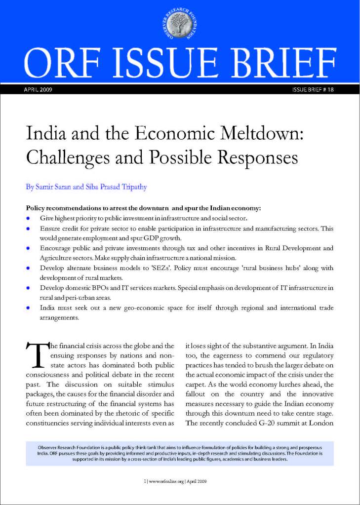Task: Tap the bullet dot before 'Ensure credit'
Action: click(x=29, y=229)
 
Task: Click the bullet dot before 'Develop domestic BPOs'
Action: click(x=29, y=287)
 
